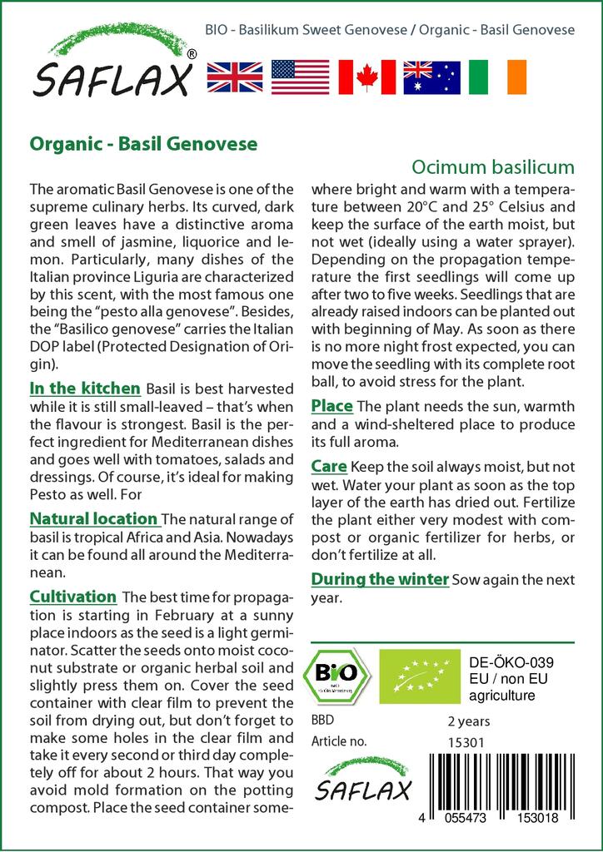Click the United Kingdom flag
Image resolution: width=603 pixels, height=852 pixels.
[x=235, y=77]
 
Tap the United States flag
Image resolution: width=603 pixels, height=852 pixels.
[x=301, y=77]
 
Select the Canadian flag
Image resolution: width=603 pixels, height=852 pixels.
[x=366, y=77]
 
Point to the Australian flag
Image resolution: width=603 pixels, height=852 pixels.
[x=431, y=77]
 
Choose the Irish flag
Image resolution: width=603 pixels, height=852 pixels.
[x=497, y=77]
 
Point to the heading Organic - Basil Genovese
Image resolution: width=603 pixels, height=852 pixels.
[x=143, y=143]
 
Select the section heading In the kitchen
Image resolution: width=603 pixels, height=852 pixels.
[x=85, y=389]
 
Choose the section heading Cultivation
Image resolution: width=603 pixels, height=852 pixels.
[x=73, y=597]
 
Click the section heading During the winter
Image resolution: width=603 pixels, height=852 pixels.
[x=380, y=578]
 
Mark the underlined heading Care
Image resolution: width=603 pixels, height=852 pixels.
[x=328, y=467]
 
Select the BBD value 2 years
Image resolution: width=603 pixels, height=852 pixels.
[x=469, y=721]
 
